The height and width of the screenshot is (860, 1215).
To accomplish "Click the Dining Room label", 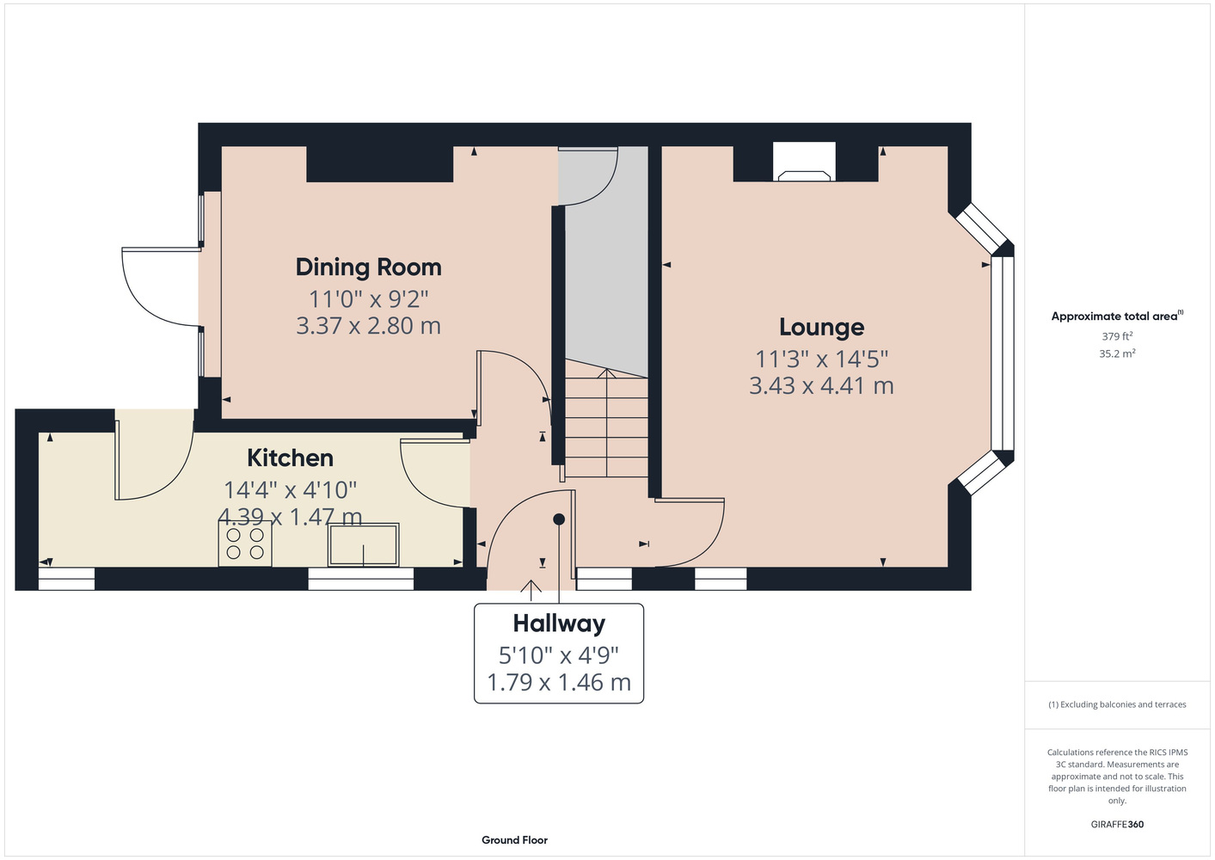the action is tap(368, 267).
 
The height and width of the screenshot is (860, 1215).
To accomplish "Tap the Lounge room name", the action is tap(822, 327).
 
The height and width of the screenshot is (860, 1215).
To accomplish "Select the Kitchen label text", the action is tap(290, 458).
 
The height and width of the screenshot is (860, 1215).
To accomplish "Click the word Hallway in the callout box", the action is tap(559, 623).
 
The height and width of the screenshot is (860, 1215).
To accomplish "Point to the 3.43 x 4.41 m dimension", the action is tap(821, 386).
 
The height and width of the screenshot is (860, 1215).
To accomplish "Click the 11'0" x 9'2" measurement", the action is tap(368, 298).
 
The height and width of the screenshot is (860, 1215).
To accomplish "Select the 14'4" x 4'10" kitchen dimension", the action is tap(290, 489).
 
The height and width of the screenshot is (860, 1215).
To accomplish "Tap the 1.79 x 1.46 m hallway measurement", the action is tap(559, 682).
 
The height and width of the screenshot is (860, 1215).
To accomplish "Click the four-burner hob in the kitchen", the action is tap(245, 544).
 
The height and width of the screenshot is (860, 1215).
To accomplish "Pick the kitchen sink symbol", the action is tap(364, 544).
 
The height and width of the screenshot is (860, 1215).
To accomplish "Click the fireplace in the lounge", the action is tap(804, 161).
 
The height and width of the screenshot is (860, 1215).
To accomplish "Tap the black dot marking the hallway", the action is tap(559, 519).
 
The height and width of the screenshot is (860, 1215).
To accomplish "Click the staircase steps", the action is tap(606, 418).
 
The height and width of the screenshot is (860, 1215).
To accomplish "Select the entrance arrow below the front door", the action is tap(531, 591).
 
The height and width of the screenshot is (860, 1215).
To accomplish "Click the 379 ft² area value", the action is tap(1117, 336).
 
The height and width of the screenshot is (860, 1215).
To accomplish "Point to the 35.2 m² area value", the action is tap(1117, 353).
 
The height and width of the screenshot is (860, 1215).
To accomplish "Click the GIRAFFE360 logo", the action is tap(1117, 824).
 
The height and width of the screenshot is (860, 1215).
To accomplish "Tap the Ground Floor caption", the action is tap(515, 840).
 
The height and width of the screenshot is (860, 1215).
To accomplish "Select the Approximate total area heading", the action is tap(1117, 316).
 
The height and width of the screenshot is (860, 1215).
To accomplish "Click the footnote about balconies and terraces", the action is tap(1117, 704).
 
